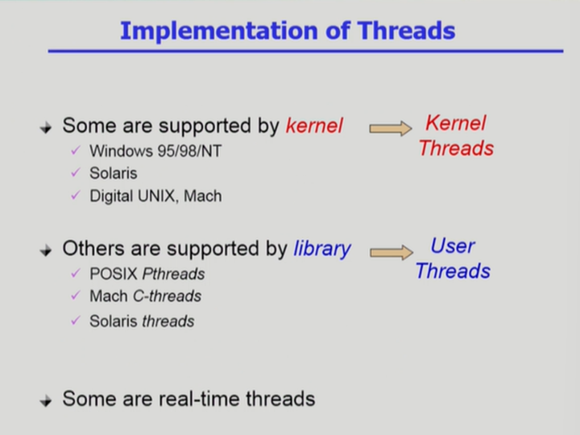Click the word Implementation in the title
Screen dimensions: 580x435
(x=219, y=31)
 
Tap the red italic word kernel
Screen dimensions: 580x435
(x=314, y=126)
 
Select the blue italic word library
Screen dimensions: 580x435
(x=322, y=249)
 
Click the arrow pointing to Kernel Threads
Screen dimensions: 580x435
(x=390, y=128)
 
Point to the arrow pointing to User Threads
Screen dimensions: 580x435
(x=391, y=252)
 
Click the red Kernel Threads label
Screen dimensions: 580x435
(x=456, y=136)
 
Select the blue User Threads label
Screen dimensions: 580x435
(x=453, y=259)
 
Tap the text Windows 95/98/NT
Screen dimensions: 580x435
(x=155, y=151)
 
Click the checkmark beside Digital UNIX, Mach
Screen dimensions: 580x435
(x=76, y=195)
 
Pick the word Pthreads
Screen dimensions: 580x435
(x=173, y=274)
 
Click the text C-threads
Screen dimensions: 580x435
(x=168, y=296)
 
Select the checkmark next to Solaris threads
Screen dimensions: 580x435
(x=76, y=320)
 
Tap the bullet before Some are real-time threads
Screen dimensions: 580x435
(x=46, y=400)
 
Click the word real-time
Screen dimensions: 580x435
(x=200, y=399)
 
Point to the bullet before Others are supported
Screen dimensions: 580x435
(x=46, y=250)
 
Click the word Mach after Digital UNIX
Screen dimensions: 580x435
(x=203, y=196)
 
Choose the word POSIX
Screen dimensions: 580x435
(x=114, y=274)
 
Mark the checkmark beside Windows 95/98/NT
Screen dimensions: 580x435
(x=76, y=150)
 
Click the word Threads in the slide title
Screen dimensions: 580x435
(x=406, y=31)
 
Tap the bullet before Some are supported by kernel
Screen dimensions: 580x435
(x=46, y=127)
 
